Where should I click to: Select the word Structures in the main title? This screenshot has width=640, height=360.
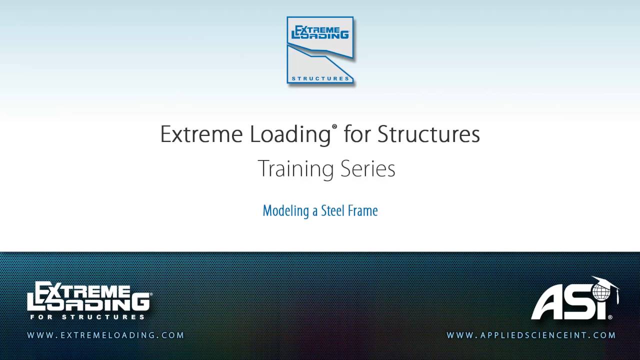pyautogui.click(x=428, y=134)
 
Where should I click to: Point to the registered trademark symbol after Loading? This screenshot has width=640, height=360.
pyautogui.click(x=334, y=128)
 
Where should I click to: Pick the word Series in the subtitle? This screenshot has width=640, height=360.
pyautogui.click(x=368, y=169)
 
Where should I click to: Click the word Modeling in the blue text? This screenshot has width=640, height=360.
pyautogui.click(x=286, y=211)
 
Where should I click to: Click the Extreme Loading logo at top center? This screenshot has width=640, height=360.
pyautogui.click(x=320, y=50)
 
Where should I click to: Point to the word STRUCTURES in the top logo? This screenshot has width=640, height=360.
pyautogui.click(x=320, y=78)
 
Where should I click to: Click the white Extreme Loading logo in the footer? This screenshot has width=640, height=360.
pyautogui.click(x=88, y=296)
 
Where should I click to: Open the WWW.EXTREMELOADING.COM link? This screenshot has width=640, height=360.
pyautogui.click(x=105, y=335)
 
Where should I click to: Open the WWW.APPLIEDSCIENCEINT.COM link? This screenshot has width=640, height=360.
pyautogui.click(x=531, y=335)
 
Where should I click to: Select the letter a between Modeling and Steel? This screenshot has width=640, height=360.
pyautogui.click(x=315, y=211)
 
